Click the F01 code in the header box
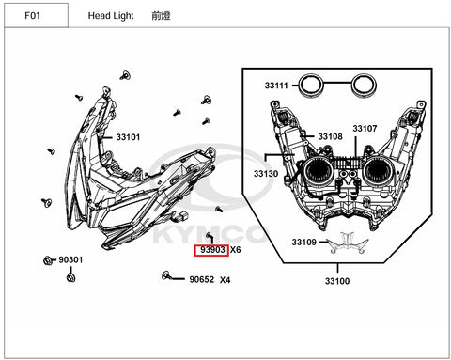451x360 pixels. (x=32, y=15)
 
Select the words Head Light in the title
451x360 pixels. (x=111, y=16)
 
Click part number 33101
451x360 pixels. (x=128, y=137)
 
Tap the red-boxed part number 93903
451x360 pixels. (x=212, y=250)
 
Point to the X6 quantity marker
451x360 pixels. (x=236, y=250)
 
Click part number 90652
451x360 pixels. (x=201, y=279)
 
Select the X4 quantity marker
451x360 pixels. (x=225, y=279)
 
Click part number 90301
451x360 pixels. (x=70, y=259)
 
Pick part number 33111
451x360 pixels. (x=276, y=86)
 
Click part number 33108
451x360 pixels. (x=331, y=136)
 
